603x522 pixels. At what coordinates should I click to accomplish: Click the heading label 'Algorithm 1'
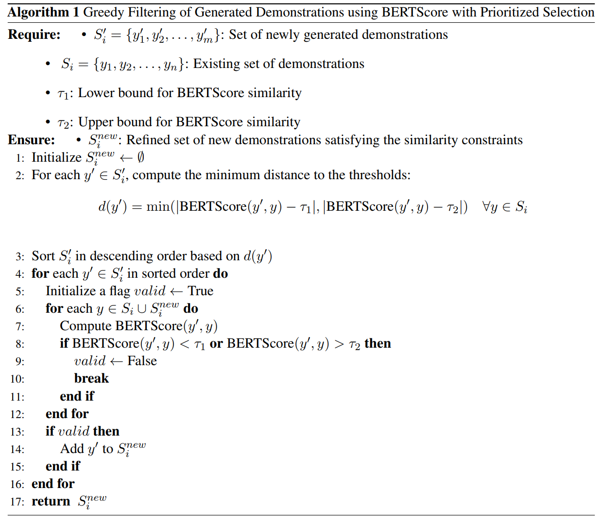pos(43,12)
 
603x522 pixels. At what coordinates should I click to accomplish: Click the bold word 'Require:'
pos(34,34)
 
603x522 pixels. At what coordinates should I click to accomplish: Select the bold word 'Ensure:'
pos(31,140)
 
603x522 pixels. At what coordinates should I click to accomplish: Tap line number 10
pos(17,379)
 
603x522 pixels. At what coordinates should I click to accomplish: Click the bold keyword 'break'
pos(91,378)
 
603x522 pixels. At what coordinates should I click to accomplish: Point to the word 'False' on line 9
pos(142,361)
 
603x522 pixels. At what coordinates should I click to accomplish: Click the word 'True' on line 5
pos(200,291)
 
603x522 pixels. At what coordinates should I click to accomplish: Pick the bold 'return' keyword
pos(51,501)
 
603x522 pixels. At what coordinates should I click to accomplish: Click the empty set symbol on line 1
pos(141,157)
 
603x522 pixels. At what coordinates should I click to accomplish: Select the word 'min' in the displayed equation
pos(158,207)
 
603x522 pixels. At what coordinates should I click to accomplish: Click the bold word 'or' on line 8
pos(216,344)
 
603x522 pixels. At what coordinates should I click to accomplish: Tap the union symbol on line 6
pos(142,309)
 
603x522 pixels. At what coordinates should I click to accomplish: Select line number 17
pos(17,502)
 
